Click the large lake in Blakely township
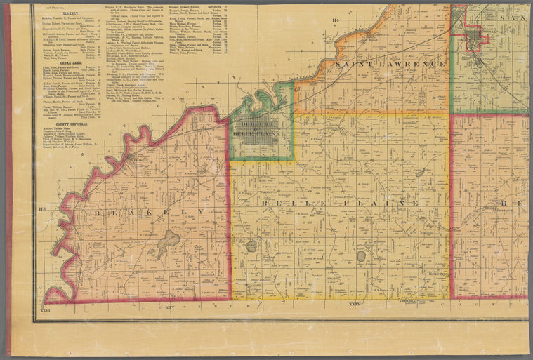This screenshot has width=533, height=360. (x=169, y=243)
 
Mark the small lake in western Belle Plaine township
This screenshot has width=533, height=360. (x=251, y=246)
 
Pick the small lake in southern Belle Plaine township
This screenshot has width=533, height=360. (x=361, y=256)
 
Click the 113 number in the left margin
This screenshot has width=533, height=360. (x=41, y=209)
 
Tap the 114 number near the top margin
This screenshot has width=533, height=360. (x=335, y=20)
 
